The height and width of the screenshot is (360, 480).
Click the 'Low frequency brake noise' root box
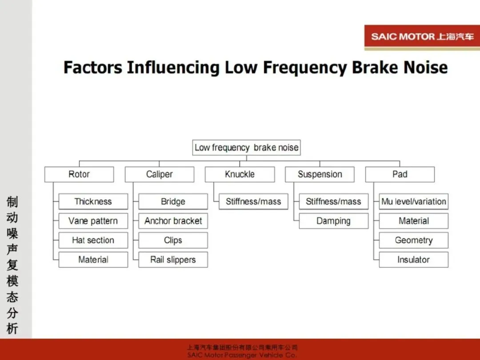(x=247, y=148)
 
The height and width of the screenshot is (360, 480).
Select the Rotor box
(x=79, y=174)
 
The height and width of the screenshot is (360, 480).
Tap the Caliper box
(x=159, y=174)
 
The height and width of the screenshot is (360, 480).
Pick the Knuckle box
(x=240, y=174)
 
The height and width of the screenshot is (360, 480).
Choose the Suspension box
(x=320, y=174)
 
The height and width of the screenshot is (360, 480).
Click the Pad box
(x=400, y=174)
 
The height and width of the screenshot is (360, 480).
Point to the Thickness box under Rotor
(x=93, y=201)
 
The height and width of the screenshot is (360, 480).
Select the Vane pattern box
(x=93, y=221)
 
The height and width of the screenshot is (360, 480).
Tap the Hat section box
(x=93, y=240)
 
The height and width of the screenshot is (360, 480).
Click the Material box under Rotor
(x=93, y=260)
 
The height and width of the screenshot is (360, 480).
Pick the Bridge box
(x=173, y=201)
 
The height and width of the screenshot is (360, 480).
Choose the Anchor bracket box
(x=173, y=221)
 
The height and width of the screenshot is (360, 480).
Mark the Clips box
(x=173, y=240)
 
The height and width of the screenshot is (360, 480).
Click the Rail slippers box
(x=173, y=260)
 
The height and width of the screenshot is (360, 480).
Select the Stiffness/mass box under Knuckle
(x=253, y=201)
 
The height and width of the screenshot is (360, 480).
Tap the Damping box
(x=333, y=221)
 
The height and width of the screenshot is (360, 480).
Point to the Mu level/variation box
(x=413, y=201)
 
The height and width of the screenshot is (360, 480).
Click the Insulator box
(x=413, y=260)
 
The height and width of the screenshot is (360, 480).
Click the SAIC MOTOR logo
(x=422, y=37)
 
